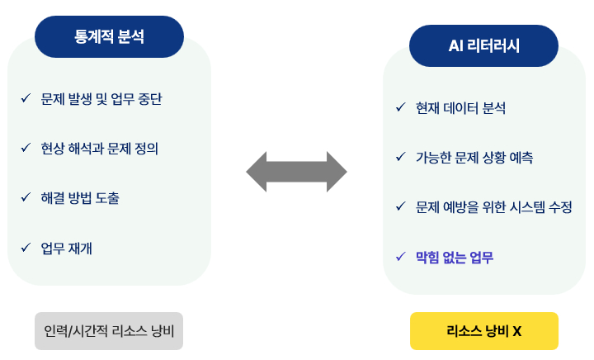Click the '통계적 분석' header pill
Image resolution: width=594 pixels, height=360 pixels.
click(109, 36)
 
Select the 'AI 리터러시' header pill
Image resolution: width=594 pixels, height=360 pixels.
click(483, 46)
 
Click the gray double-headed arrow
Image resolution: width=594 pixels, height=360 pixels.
click(297, 172)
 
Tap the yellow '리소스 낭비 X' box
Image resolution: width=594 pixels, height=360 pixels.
click(484, 331)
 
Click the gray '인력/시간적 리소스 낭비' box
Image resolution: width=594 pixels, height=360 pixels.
click(109, 331)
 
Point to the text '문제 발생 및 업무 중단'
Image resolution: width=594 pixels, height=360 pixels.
click(101, 99)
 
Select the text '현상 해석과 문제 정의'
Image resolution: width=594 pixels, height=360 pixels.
click(99, 149)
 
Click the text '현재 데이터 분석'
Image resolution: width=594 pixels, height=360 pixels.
click(461, 107)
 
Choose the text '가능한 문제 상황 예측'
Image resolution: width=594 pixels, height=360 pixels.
click(474, 157)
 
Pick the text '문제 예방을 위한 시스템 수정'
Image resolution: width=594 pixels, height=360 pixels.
click(494, 206)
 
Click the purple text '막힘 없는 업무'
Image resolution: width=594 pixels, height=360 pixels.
click(455, 257)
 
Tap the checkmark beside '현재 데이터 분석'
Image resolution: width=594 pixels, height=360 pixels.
click(400, 107)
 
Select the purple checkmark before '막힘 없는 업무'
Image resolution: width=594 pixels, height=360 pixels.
click(400, 257)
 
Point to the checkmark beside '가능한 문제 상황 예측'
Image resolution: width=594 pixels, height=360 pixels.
click(400, 157)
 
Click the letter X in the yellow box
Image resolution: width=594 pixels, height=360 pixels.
click(516, 332)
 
